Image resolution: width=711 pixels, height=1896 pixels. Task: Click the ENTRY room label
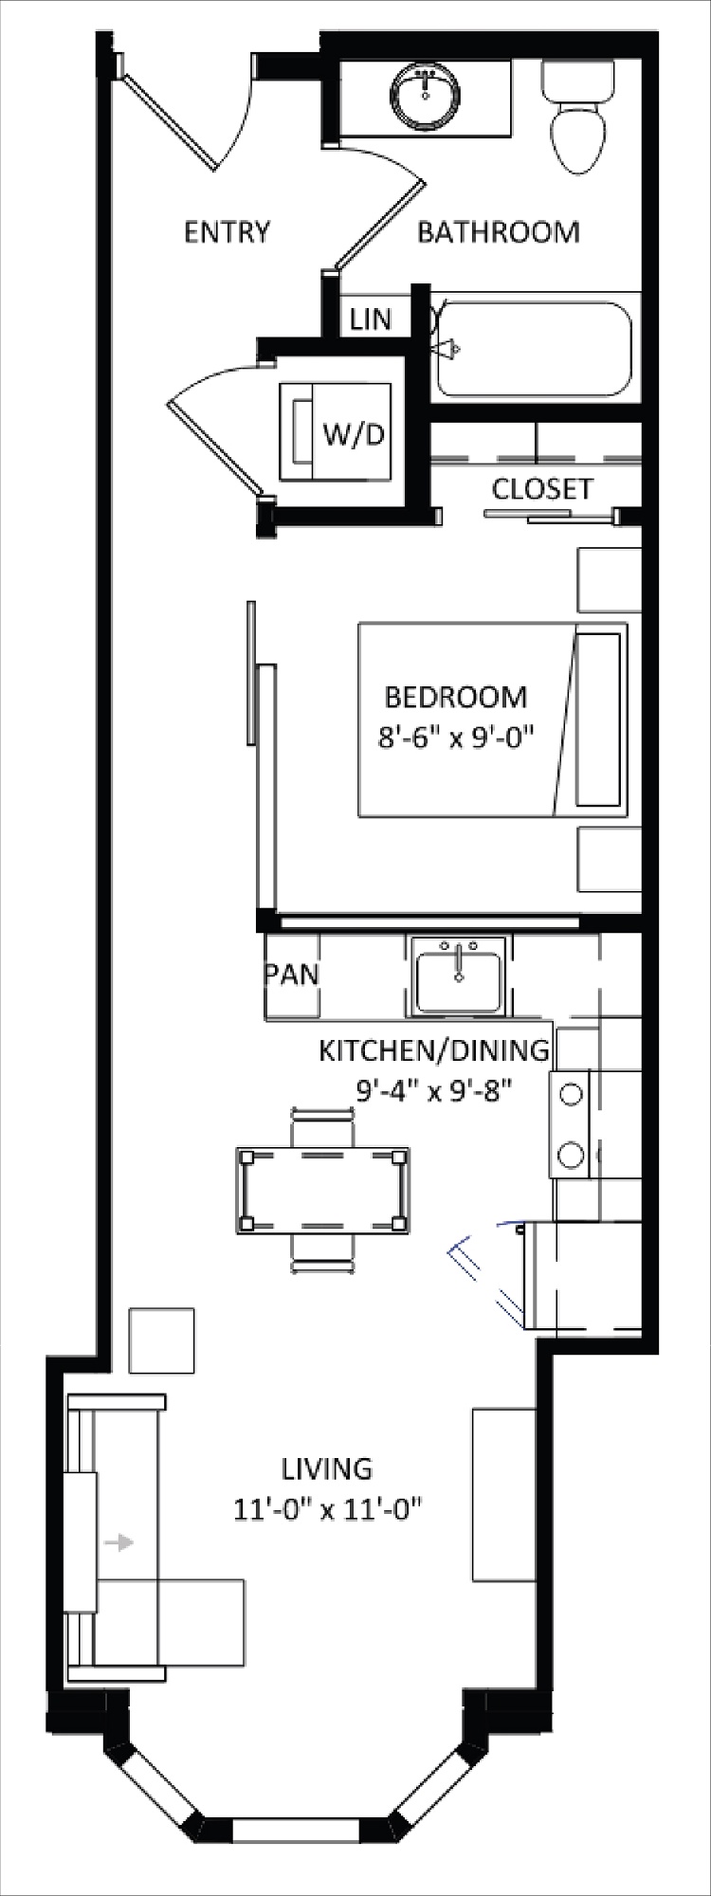[x=227, y=232]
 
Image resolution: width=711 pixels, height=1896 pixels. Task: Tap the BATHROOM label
[x=499, y=232]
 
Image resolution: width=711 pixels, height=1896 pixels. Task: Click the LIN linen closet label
[x=371, y=319]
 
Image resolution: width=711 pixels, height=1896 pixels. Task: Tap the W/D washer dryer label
[x=355, y=435]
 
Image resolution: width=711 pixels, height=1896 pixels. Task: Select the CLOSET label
[x=542, y=489]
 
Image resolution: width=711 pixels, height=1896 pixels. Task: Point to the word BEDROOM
[x=456, y=697]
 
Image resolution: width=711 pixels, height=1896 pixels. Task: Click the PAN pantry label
[x=292, y=975]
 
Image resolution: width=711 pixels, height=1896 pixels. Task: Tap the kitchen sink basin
[x=458, y=982]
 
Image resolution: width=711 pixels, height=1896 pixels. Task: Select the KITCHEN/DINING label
[x=434, y=1050]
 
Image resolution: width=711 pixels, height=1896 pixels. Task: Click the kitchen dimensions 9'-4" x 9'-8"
[x=434, y=1091]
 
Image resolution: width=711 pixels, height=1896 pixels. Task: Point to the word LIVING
[x=327, y=1468]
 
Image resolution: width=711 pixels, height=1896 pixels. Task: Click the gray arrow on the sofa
[x=118, y=1543]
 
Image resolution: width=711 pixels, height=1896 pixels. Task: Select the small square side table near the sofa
[x=162, y=1340]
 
